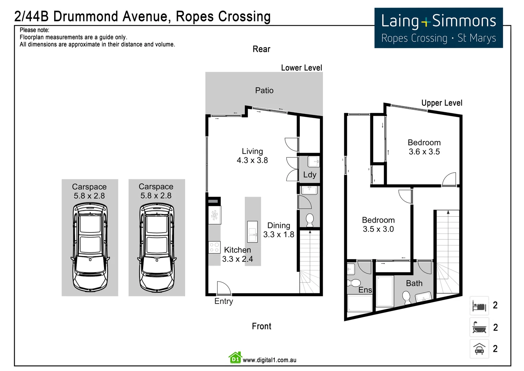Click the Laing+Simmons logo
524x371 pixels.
[438, 28]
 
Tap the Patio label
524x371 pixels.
[264, 91]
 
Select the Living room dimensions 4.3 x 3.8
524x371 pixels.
[252, 160]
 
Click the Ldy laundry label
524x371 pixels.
[310, 175]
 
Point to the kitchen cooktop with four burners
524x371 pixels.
[215, 247]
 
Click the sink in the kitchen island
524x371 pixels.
[252, 232]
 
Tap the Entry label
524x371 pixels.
[224, 301]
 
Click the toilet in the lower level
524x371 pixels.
[310, 220]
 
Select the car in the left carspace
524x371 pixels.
[90, 247]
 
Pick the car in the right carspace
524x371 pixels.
[157, 247]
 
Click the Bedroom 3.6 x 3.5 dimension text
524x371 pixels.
[424, 152]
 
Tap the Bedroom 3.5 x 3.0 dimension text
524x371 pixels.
[378, 229]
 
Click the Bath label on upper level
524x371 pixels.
[414, 283]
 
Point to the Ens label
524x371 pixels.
[365, 290]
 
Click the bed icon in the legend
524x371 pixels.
[479, 306]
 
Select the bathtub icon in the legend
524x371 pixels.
[479, 327]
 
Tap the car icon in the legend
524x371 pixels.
[479, 349]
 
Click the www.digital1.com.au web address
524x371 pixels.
[269, 360]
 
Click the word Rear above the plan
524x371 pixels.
[261, 49]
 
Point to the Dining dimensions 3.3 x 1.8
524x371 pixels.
[278, 235]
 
